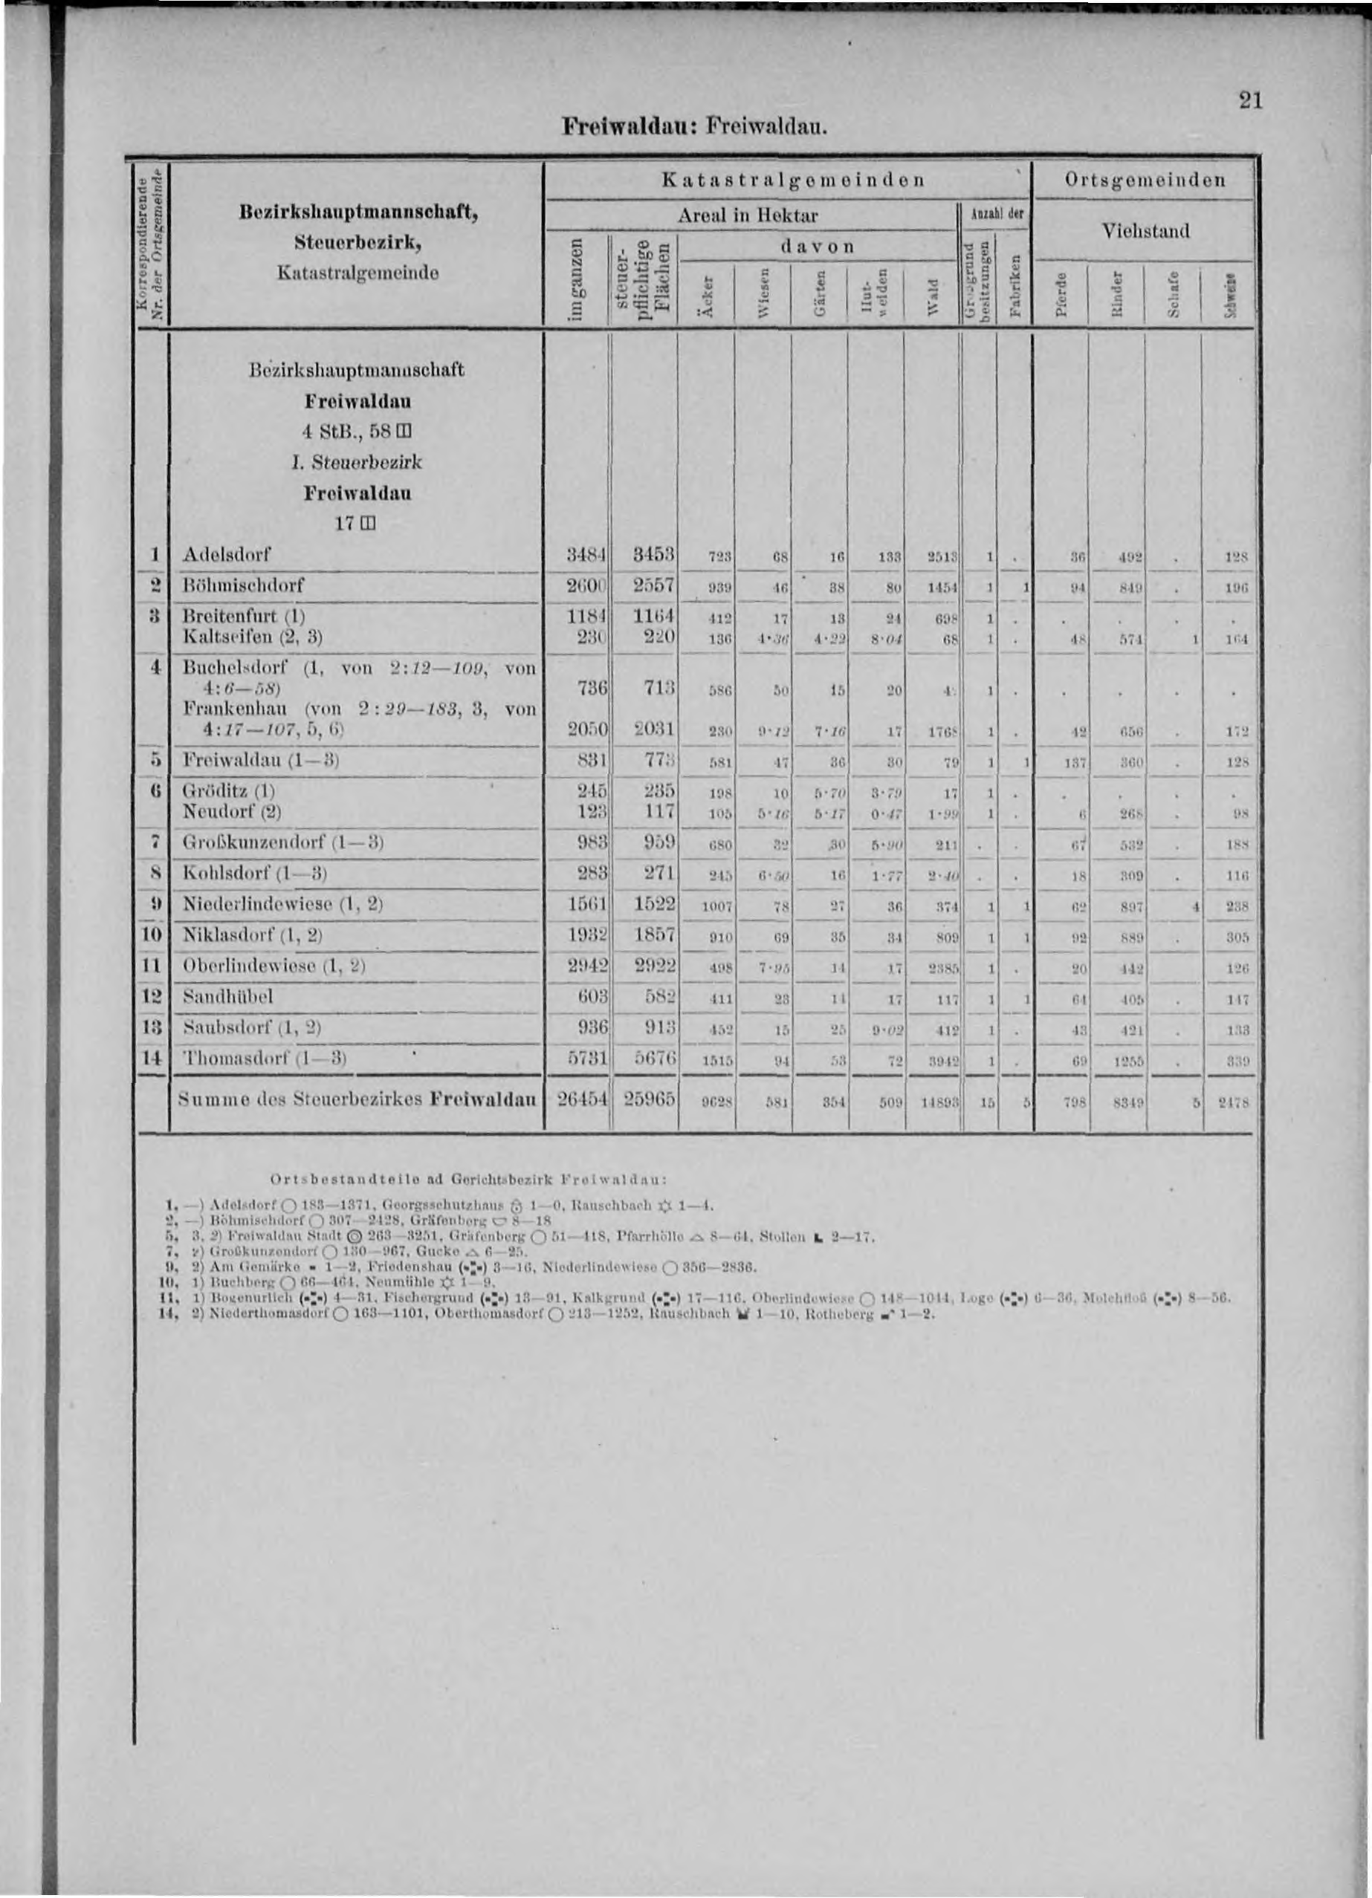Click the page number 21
1250,100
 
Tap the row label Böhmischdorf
244,584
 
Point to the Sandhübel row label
227,997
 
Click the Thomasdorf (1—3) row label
264,1058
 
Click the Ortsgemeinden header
1144,180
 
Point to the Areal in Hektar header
748,215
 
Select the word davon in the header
816,247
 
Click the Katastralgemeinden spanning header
793,180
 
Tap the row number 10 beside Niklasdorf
151,935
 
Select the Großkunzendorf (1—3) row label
283,842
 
